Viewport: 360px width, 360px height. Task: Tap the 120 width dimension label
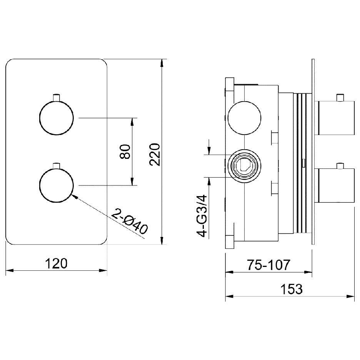[56, 263]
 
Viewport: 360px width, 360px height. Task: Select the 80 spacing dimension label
[125, 152]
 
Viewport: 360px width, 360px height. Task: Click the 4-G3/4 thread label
[202, 216]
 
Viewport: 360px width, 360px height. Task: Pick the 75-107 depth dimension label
[268, 265]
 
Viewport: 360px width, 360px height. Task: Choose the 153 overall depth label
[292, 289]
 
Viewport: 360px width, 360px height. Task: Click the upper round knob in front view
[57, 118]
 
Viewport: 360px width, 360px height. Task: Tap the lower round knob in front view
[57, 185]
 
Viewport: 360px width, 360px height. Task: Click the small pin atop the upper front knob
[57, 97]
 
